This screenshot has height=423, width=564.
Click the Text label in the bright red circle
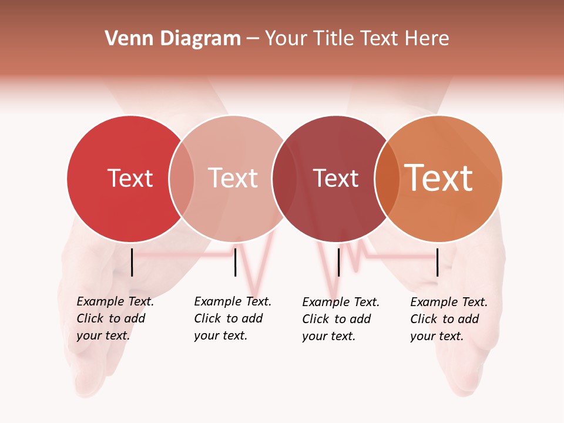tap(130, 178)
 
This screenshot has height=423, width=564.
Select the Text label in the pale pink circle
tap(233, 178)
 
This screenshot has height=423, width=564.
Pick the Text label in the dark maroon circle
tap(335, 178)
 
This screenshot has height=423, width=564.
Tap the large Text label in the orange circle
tap(439, 178)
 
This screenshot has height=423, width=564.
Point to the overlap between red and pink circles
tap(182, 178)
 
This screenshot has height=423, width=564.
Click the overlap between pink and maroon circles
tap(284, 178)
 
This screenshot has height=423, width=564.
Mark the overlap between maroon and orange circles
tap(387, 178)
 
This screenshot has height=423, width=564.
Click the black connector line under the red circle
tap(132, 262)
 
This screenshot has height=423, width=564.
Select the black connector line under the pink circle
tap(235, 262)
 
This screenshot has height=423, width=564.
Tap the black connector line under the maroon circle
tap(338, 262)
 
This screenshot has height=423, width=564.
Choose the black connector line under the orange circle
tap(438, 262)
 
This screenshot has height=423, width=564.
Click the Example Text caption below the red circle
tap(115, 318)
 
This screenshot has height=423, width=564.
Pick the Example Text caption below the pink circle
tap(233, 318)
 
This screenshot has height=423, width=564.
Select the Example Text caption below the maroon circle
tap(341, 319)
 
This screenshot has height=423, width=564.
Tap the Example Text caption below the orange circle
tap(449, 319)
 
